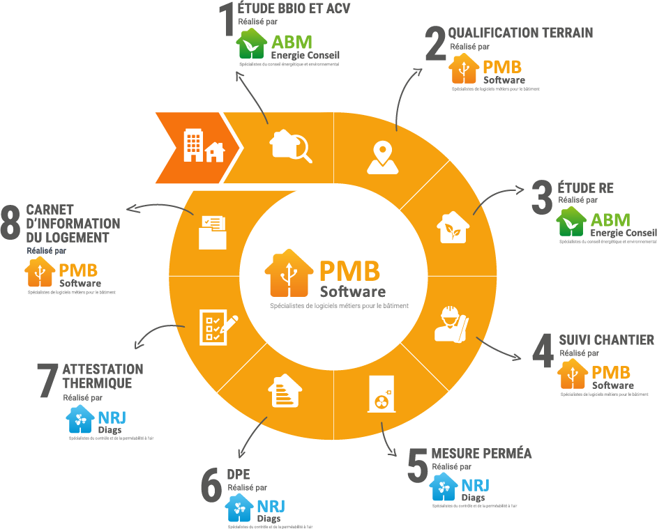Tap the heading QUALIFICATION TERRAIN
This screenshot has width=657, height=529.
click(520, 33)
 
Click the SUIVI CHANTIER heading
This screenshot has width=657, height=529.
click(606, 340)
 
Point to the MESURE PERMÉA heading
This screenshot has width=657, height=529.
click(481, 454)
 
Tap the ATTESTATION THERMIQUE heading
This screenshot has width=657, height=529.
click(103, 376)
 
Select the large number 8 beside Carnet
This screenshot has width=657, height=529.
click(10, 222)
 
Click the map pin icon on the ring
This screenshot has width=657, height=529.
click(383, 156)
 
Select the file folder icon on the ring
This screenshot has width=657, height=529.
click(212, 231)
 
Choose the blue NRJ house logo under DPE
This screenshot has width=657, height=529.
click(239, 508)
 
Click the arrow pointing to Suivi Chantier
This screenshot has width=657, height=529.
click(499, 348)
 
